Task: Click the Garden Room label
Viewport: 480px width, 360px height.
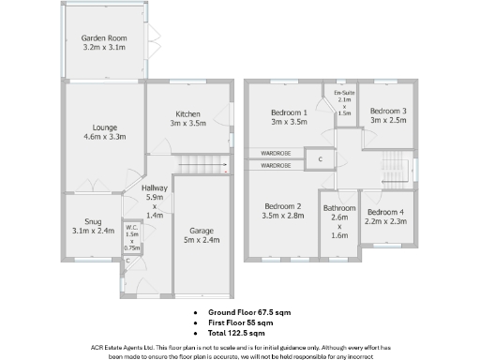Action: (x=104, y=37)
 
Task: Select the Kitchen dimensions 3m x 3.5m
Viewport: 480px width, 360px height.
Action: (x=187, y=123)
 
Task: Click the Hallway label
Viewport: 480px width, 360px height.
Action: (x=154, y=188)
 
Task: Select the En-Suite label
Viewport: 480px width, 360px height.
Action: (x=343, y=94)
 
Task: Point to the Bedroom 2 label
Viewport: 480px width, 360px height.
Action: (x=282, y=206)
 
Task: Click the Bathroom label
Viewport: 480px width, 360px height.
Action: (x=339, y=208)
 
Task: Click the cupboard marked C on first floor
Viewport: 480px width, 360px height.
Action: (x=321, y=159)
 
